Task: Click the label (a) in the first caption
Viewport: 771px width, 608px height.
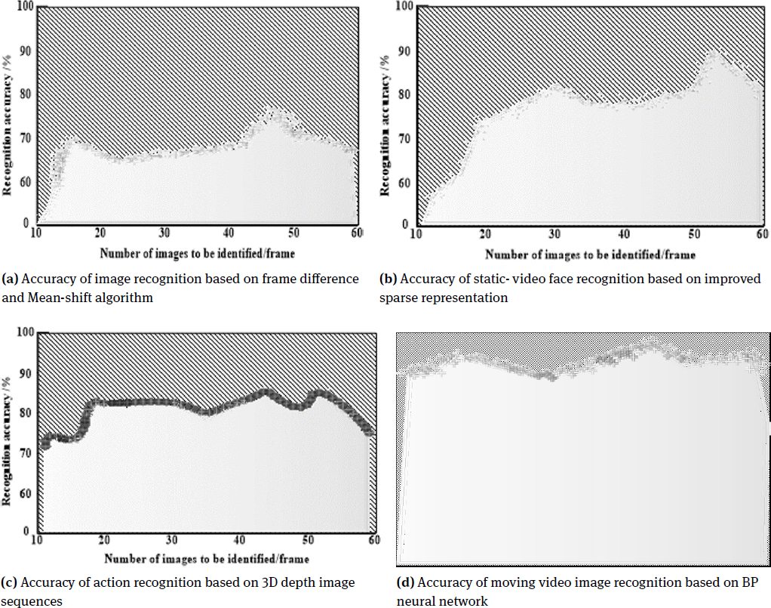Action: click(x=11, y=279)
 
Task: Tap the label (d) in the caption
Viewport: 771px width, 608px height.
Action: click(x=406, y=582)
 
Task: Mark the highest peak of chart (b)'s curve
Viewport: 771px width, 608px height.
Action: click(x=714, y=51)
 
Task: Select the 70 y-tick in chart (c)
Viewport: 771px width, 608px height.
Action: click(x=28, y=452)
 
